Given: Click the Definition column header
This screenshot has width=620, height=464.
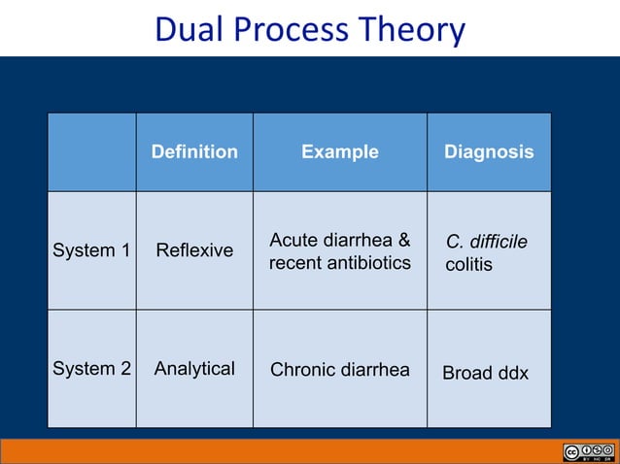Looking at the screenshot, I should (194, 151).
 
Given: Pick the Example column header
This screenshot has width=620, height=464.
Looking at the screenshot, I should (340, 151).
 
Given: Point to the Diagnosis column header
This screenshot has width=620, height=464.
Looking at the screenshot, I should (489, 151).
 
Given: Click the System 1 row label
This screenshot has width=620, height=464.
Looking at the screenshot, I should (91, 250).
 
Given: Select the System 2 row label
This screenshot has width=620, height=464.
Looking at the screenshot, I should (91, 369).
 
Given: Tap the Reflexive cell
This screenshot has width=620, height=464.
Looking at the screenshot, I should (194, 250).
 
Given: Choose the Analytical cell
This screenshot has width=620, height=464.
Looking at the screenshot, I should (194, 369).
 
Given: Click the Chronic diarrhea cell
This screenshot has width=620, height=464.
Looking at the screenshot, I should (340, 369).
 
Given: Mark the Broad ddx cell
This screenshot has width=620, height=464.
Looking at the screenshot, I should (486, 373).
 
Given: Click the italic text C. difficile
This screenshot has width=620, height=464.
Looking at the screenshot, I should (486, 241).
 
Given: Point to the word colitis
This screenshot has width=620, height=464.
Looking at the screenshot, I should (469, 264).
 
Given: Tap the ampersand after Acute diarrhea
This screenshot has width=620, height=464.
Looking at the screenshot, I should (402, 240).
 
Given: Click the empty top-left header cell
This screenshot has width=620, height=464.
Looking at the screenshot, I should (91, 151).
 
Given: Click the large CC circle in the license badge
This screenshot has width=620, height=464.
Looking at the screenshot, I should (571, 451).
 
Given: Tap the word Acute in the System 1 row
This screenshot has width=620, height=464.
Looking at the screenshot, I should (292, 240).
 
